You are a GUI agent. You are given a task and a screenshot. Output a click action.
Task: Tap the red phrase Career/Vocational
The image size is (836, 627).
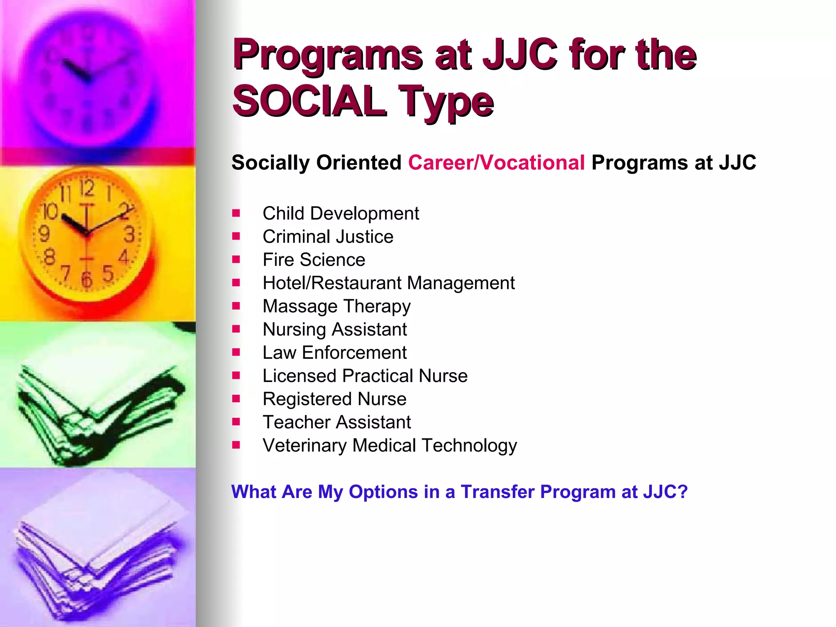496,162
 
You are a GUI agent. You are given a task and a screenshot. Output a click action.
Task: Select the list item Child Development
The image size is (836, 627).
340,213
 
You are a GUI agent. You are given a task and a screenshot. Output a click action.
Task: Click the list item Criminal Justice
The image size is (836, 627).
328,237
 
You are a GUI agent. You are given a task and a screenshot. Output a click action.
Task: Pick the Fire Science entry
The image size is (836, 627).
313,260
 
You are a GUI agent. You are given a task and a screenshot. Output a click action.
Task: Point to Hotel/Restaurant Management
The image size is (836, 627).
388,283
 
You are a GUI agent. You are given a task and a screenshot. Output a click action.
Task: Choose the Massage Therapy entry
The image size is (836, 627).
336,306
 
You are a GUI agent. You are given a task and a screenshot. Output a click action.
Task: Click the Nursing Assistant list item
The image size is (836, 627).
334,329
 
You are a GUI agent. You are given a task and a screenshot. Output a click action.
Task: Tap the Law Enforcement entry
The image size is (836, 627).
334,353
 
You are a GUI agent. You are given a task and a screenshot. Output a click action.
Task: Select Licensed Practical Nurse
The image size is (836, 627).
365,376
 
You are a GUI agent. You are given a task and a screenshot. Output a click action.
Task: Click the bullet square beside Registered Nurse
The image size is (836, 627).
236,398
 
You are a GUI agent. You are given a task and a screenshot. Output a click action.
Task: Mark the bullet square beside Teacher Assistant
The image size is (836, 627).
236,422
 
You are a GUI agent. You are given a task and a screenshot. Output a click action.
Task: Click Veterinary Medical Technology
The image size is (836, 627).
389,445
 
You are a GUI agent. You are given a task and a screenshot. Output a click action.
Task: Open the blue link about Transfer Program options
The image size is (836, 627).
459,492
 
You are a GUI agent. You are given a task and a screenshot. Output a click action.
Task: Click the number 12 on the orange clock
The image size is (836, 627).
87,189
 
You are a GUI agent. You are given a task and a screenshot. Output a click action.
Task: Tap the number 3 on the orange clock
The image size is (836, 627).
129,235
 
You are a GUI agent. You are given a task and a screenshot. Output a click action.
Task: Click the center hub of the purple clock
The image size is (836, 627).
87,78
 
